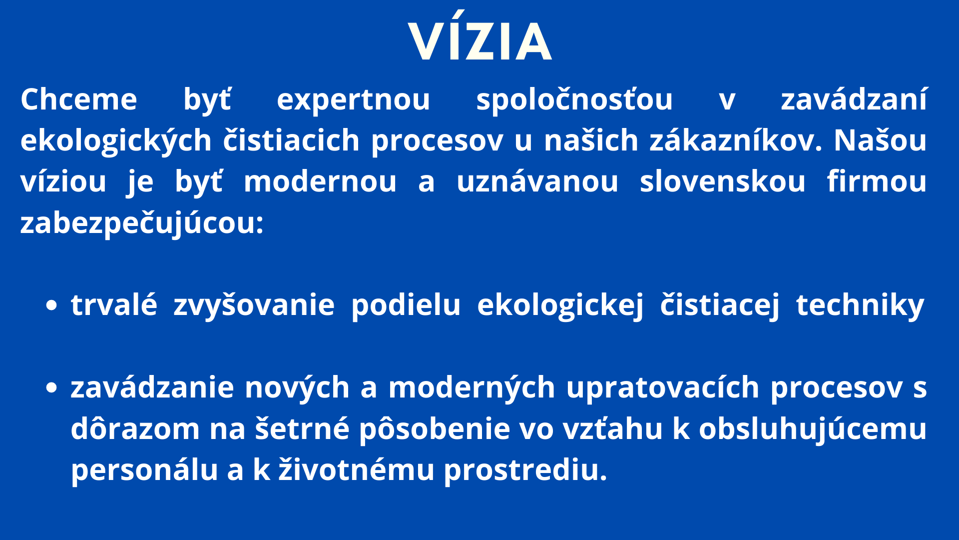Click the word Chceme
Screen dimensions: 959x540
79,99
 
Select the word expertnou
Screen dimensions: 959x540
353,100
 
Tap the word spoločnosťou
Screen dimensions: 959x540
574,100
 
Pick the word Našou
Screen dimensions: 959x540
880,140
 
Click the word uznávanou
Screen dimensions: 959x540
537,181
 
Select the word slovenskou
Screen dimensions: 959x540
722,181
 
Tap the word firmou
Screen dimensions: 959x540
877,181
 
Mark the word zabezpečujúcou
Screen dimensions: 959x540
142,222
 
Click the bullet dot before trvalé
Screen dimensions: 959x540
51,305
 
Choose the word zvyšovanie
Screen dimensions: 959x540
254,305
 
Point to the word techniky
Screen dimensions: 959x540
861,305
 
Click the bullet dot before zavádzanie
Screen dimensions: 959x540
51,387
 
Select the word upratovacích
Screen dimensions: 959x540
663,388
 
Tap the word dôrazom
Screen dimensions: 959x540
135,429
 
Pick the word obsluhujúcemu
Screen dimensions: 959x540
813,429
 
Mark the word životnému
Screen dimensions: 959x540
356,470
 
